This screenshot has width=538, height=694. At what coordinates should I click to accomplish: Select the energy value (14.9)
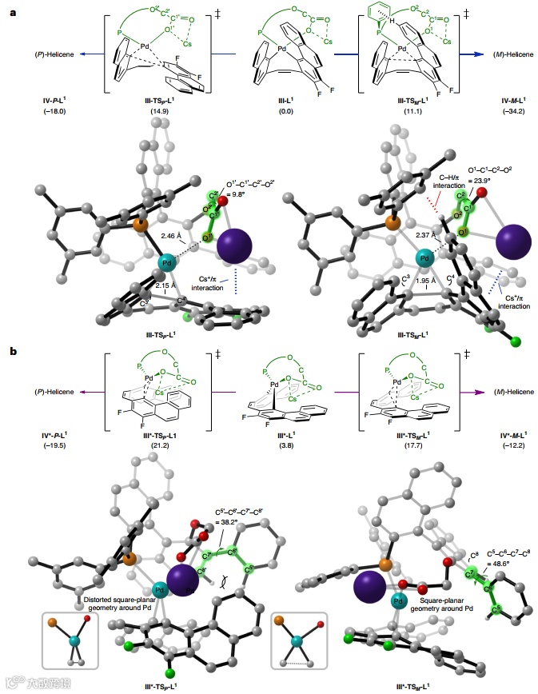point(157,110)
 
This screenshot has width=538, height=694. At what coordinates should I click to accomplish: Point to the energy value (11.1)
point(398,110)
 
